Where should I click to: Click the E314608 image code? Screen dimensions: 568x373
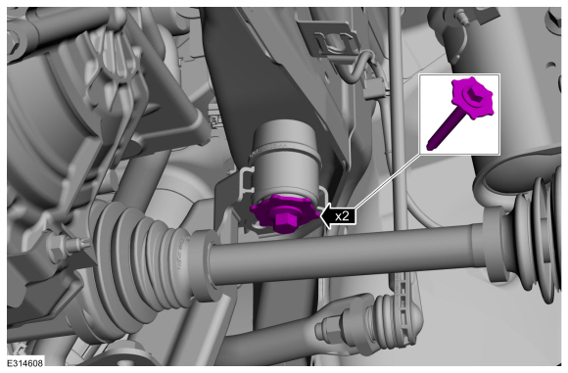(x=25, y=363)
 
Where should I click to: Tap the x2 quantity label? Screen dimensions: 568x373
(x=342, y=216)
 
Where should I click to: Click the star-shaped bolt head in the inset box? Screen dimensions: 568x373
(x=472, y=97)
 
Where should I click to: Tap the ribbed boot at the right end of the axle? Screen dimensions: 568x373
(x=536, y=235)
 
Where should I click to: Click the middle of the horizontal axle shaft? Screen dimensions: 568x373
(x=344, y=256)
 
